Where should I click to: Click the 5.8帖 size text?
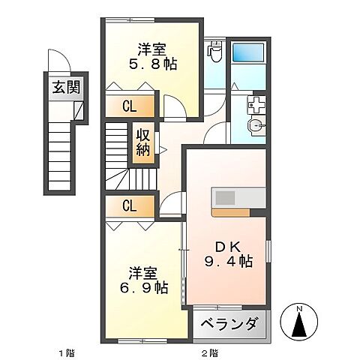[153, 65]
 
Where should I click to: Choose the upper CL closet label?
[129, 107]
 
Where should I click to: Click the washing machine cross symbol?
[256, 104]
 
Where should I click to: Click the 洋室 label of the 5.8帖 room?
[152, 49]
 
